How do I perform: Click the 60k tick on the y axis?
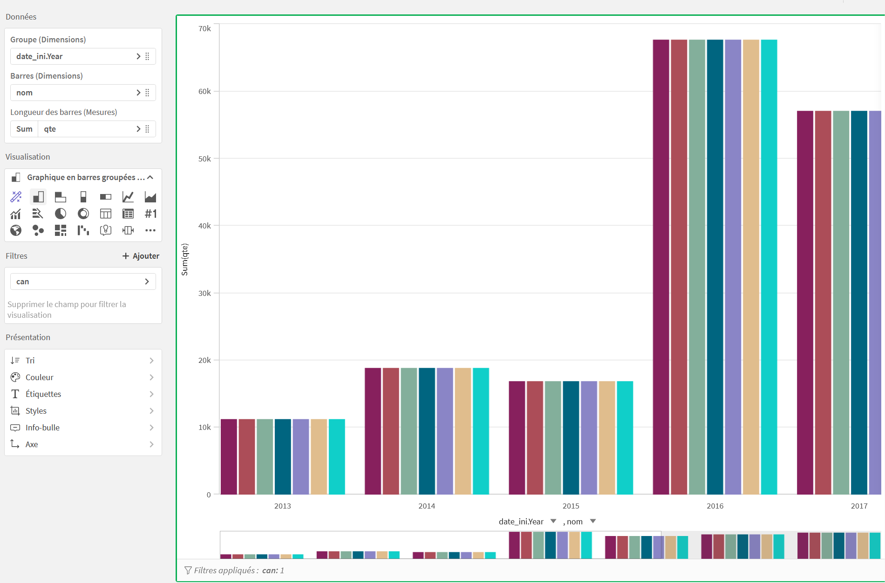pyautogui.click(x=204, y=92)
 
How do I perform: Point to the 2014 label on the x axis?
pyautogui.click(x=426, y=506)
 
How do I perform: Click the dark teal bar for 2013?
pyautogui.click(x=283, y=456)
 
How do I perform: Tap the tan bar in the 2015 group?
pyautogui.click(x=607, y=437)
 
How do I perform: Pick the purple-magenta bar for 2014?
pyautogui.click(x=373, y=431)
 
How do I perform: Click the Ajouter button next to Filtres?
pyautogui.click(x=141, y=256)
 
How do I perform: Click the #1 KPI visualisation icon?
pyautogui.click(x=150, y=214)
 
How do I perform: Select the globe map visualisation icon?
pyautogui.click(x=16, y=230)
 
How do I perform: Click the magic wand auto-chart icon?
pyautogui.click(x=16, y=197)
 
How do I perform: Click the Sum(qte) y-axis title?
pyautogui.click(x=185, y=259)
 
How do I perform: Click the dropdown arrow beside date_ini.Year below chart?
pyautogui.click(x=553, y=521)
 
